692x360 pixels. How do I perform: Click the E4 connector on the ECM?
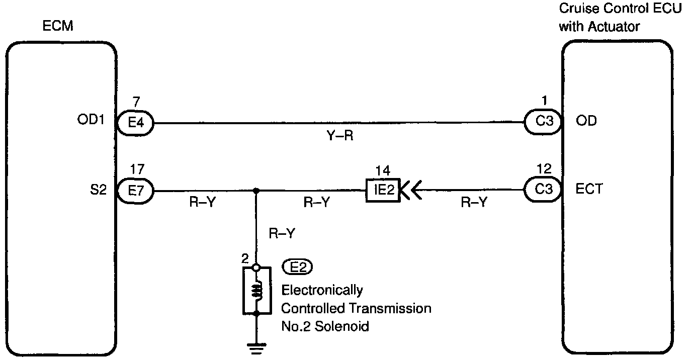[136, 122]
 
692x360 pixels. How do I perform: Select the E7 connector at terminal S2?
[136, 191]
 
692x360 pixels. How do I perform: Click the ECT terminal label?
[589, 190]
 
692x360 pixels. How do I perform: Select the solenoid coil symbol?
[256, 290]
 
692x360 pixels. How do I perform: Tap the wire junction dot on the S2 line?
[256, 191]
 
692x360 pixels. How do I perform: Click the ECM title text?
[58, 26]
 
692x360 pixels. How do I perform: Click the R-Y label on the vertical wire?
[282, 233]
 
